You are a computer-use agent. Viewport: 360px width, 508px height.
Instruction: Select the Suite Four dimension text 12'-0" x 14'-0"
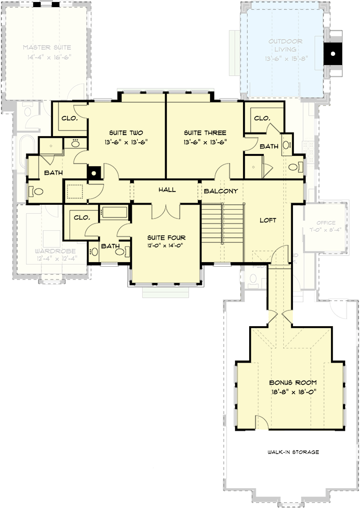coord(166,246)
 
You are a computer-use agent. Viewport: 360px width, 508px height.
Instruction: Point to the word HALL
coord(167,190)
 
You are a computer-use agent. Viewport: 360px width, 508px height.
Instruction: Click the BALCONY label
coord(221,191)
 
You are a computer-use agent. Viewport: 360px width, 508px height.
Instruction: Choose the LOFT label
coord(268,220)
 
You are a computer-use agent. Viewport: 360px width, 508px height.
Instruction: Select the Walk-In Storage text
coord(294,452)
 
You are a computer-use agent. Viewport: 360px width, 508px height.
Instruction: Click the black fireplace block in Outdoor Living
coord(333,53)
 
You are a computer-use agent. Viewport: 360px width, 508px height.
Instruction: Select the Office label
coord(326,223)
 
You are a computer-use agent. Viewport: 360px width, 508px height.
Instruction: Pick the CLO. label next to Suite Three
coord(261,118)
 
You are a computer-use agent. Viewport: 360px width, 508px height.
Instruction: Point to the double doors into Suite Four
coord(166,210)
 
